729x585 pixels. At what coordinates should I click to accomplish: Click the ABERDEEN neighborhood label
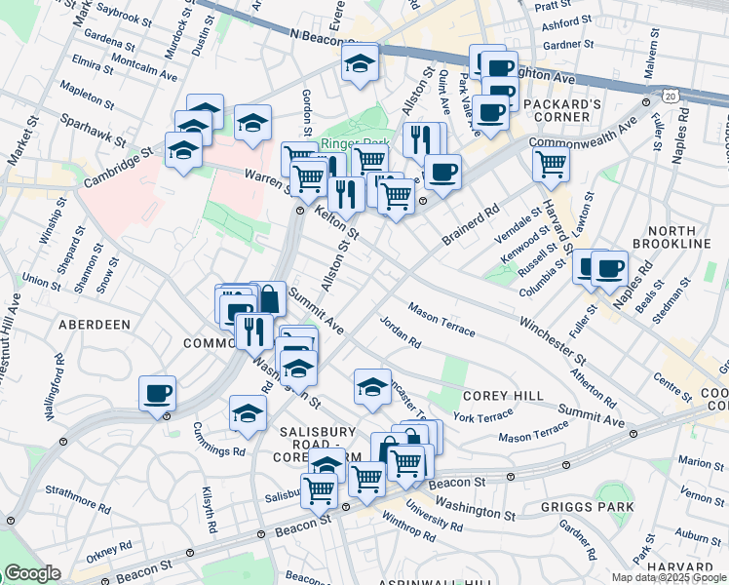pyautogui.click(x=95, y=324)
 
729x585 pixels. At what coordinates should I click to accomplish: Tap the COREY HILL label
pyautogui.click(x=495, y=396)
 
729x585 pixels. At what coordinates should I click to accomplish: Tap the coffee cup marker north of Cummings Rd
pyautogui.click(x=157, y=395)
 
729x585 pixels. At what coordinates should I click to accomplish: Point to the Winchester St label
pyautogui.click(x=551, y=335)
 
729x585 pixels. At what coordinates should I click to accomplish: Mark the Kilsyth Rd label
pyautogui.click(x=210, y=507)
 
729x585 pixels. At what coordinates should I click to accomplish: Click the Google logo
pyautogui.click(x=32, y=572)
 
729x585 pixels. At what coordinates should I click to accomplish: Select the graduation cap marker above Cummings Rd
pyautogui.click(x=249, y=413)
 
